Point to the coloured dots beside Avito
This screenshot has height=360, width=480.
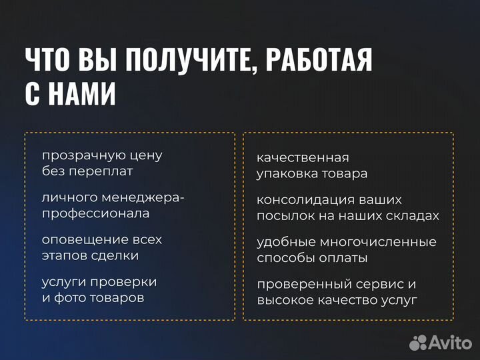[x=417, y=342]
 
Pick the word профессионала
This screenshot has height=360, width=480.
[x=96, y=213]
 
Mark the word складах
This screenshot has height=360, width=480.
[x=414, y=215]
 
